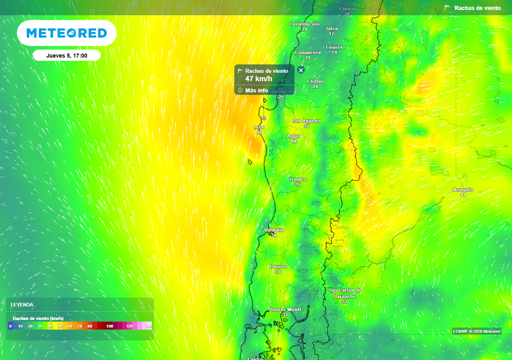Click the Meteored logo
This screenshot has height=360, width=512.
pyautogui.click(x=66, y=33)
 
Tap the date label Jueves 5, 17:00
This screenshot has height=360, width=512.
pyautogui.click(x=66, y=55)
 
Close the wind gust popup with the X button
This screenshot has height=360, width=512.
pyautogui.click(x=301, y=70)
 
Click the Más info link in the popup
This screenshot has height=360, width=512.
pyautogui.click(x=256, y=90)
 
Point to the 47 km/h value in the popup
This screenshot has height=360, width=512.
pyautogui.click(x=258, y=79)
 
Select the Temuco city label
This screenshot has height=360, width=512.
pyautogui.click(x=298, y=179)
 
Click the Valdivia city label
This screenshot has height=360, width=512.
pyautogui.click(x=274, y=230)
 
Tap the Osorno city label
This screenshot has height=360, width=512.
pyautogui.click(x=278, y=266)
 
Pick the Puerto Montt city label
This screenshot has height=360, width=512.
pyautogui.click(x=285, y=309)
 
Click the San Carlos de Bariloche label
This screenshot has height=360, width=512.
pyautogui.click(x=344, y=293)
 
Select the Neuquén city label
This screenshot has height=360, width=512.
pyautogui.click(x=463, y=189)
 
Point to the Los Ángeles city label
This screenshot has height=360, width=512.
pyautogui.click(x=306, y=121)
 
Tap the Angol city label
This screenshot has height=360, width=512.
pyautogui.click(x=293, y=136)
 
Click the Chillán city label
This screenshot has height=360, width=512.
pyautogui.click(x=315, y=81)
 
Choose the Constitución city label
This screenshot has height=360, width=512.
pyautogui.click(x=304, y=24)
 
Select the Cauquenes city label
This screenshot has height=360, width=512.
pyautogui.click(x=307, y=52)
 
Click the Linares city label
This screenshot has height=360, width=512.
pyautogui.click(x=334, y=47)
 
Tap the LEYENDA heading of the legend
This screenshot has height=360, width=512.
pyautogui.click(x=22, y=304)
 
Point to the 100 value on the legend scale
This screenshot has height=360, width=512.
pyautogui.click(x=109, y=326)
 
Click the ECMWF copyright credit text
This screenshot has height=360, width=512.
pyautogui.click(x=476, y=331)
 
